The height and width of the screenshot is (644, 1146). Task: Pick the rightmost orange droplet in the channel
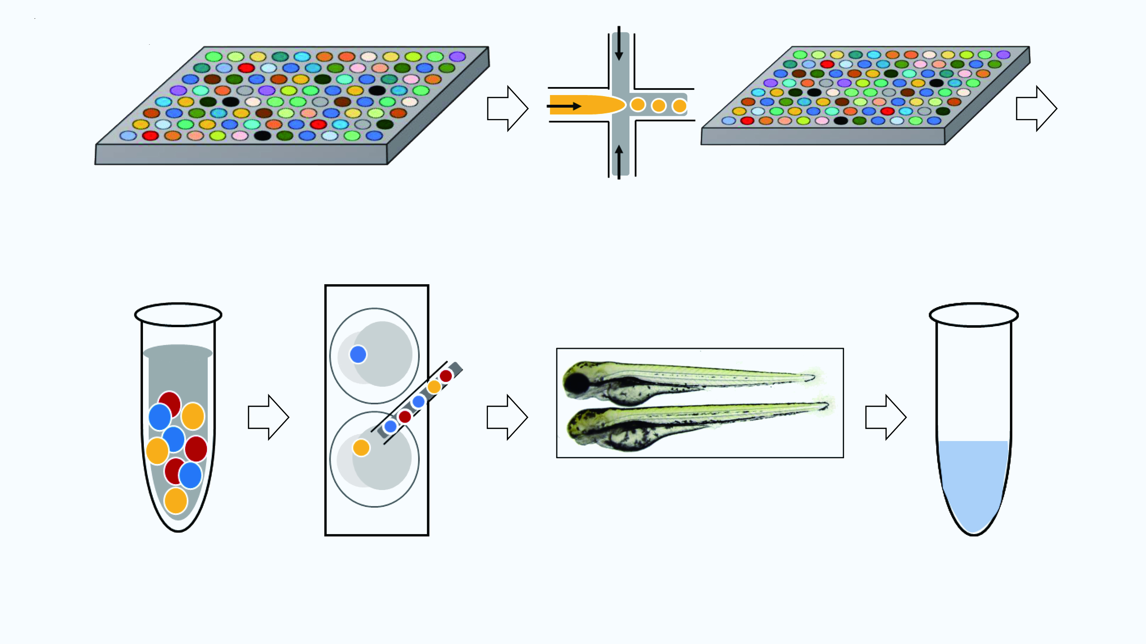679,106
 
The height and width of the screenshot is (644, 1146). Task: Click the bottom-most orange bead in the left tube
176,500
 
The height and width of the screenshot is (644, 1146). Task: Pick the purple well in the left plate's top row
457,56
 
